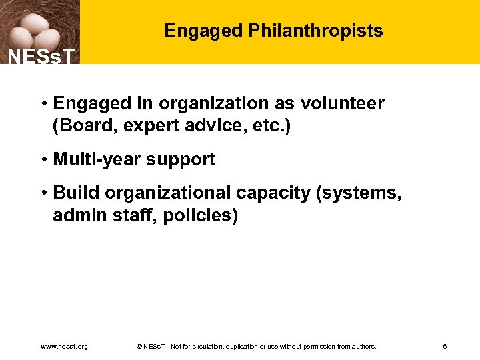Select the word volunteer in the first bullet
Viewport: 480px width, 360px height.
pyautogui.click(x=342, y=103)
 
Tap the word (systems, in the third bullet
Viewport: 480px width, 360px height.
pyautogui.click(x=359, y=193)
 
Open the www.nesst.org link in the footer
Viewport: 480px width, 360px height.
pyautogui.click(x=64, y=347)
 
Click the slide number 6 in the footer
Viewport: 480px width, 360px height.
pyautogui.click(x=445, y=347)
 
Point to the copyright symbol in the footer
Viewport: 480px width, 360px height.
pyautogui.click(x=138, y=347)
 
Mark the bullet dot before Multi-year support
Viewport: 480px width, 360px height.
pyautogui.click(x=43, y=160)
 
